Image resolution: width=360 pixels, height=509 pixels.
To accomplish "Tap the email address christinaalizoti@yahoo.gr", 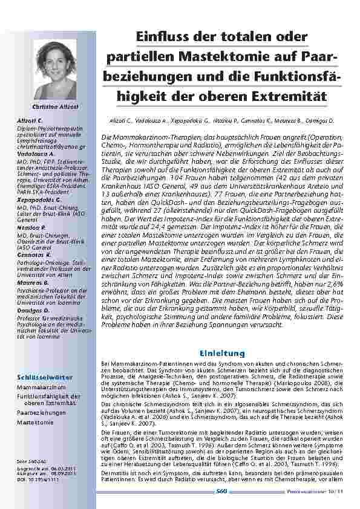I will click(x=51, y=146).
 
